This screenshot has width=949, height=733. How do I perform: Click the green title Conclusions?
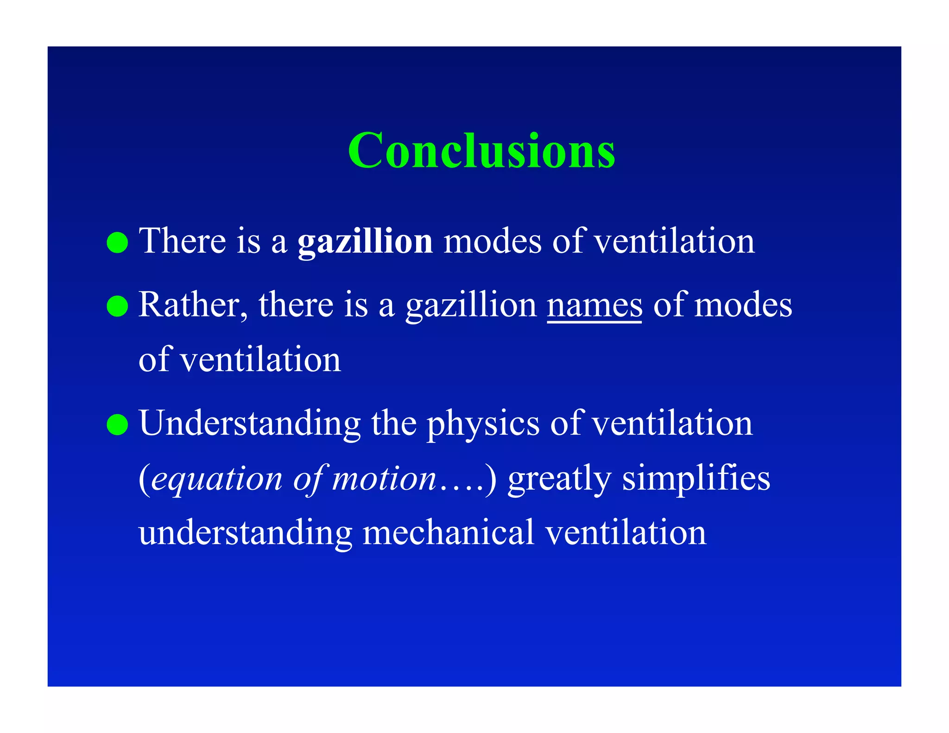(x=481, y=150)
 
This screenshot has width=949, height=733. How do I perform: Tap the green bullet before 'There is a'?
(x=117, y=242)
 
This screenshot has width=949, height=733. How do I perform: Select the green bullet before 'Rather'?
(x=117, y=306)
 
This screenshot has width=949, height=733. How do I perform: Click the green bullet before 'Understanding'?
(x=117, y=424)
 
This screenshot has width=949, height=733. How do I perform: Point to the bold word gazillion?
(x=365, y=242)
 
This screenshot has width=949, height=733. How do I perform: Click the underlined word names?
(x=595, y=306)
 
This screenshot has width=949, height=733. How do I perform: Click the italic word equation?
(x=217, y=479)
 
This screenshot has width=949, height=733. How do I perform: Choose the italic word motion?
(x=384, y=478)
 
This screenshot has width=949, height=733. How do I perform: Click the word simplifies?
(x=696, y=479)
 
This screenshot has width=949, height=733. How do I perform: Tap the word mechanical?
(x=449, y=533)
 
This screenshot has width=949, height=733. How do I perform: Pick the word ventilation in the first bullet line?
(x=674, y=242)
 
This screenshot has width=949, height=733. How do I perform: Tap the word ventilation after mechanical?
(x=626, y=533)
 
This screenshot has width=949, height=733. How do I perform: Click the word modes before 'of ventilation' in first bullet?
(x=492, y=242)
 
